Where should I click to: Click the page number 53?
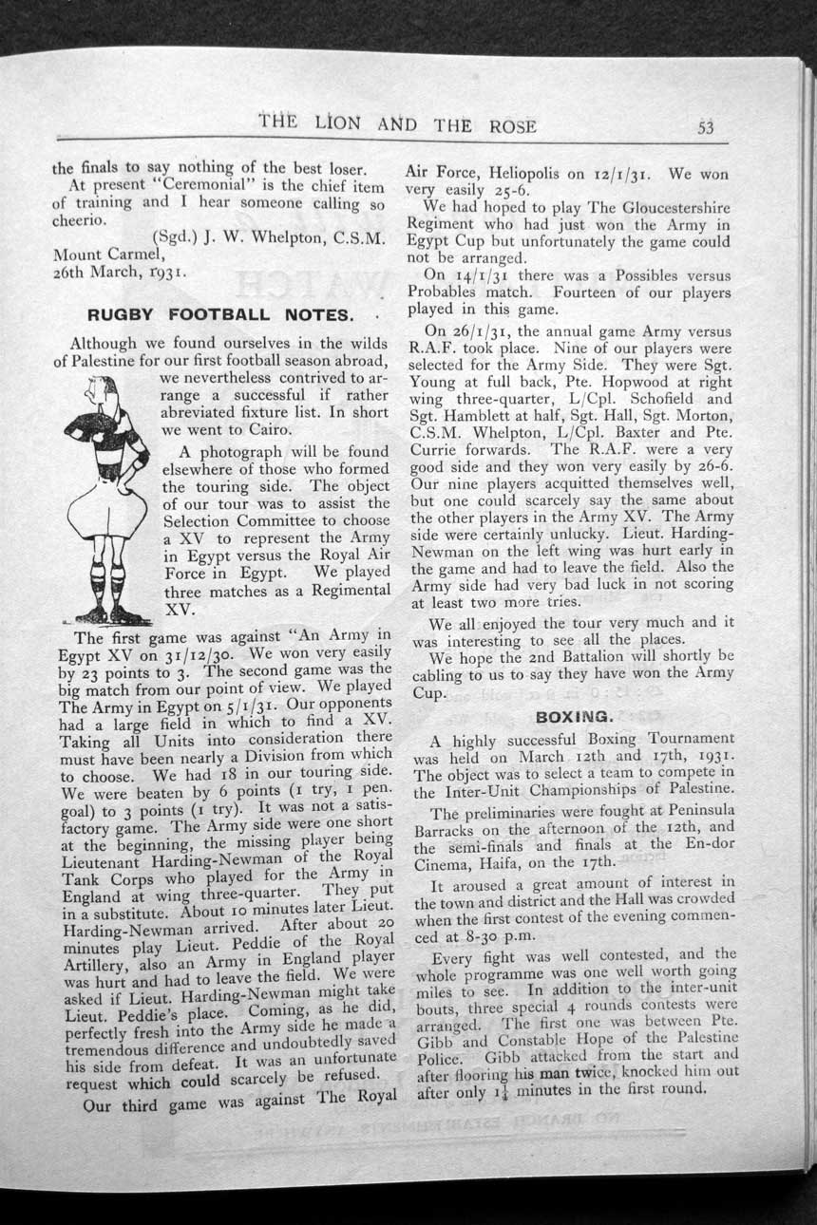(x=706, y=126)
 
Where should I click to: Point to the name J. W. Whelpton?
(x=261, y=238)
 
